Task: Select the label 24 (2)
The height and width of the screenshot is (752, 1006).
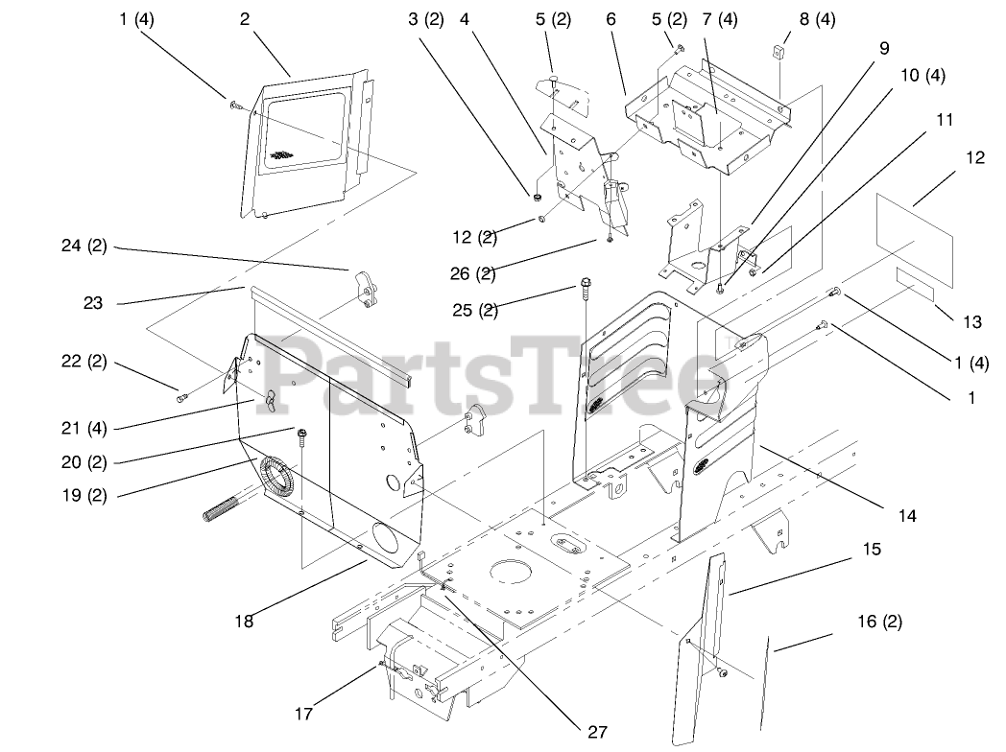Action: pyautogui.click(x=84, y=247)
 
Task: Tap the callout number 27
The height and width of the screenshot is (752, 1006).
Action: pyautogui.click(x=597, y=732)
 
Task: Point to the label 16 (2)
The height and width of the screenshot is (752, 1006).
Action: pyautogui.click(x=878, y=622)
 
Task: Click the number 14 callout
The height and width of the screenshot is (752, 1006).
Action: pyautogui.click(x=906, y=516)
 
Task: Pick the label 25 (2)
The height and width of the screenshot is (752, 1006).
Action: pyautogui.click(x=475, y=309)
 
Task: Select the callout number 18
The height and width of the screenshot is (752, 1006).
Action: pyautogui.click(x=244, y=621)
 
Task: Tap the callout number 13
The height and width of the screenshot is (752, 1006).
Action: pyautogui.click(x=971, y=322)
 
